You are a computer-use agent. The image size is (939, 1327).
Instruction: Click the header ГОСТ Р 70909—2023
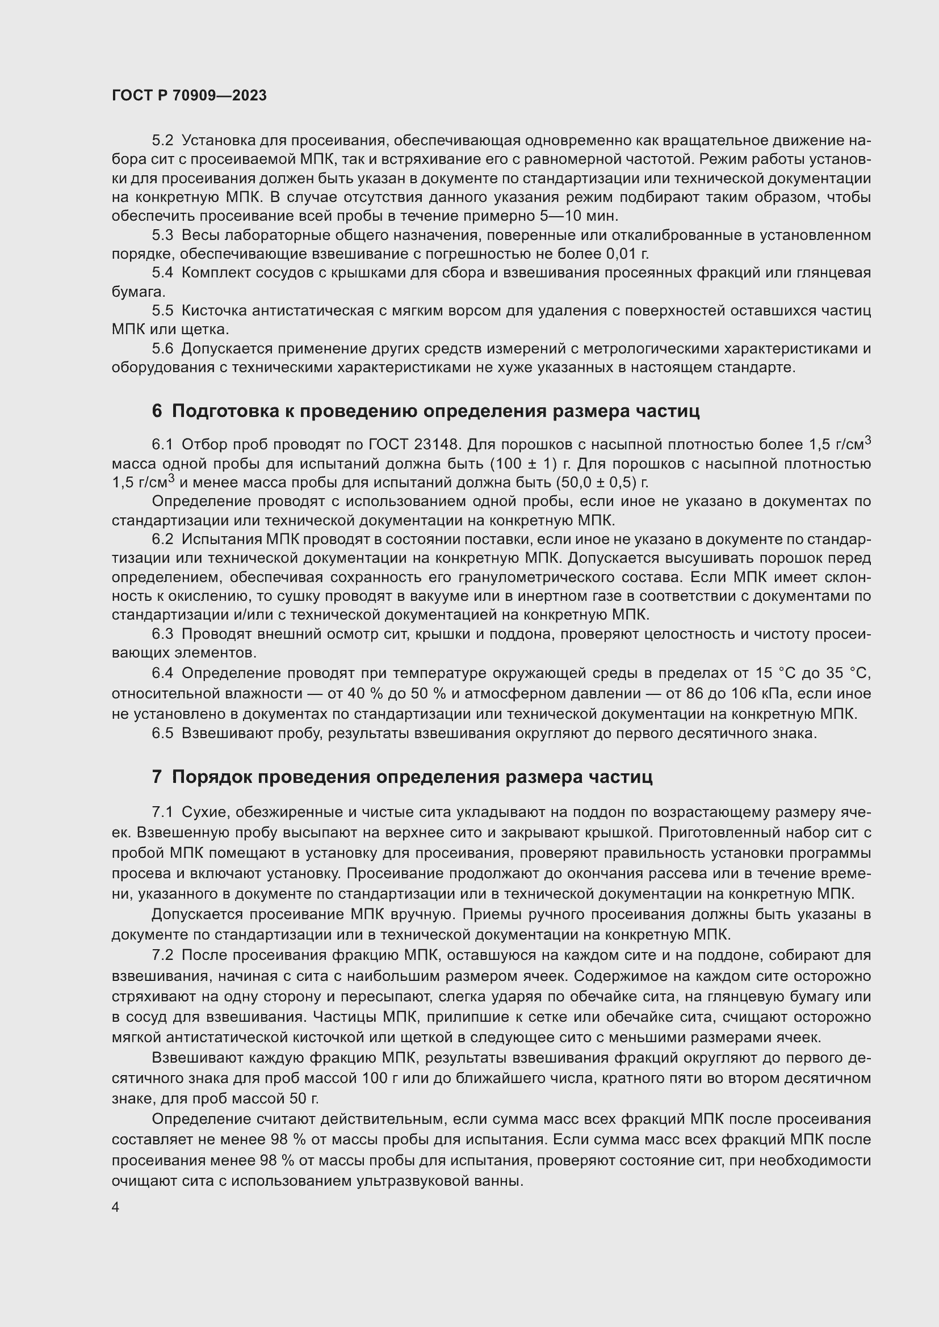189,95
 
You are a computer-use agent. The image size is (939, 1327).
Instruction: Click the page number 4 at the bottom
115,1207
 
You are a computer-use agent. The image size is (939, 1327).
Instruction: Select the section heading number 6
157,411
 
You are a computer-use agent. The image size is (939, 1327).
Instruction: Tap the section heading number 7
157,776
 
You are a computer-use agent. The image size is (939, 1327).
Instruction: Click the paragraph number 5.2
162,141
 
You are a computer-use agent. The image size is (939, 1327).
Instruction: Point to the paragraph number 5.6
162,348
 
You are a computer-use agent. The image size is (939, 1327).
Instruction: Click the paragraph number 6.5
162,734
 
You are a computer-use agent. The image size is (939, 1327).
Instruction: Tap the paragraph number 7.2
162,955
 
